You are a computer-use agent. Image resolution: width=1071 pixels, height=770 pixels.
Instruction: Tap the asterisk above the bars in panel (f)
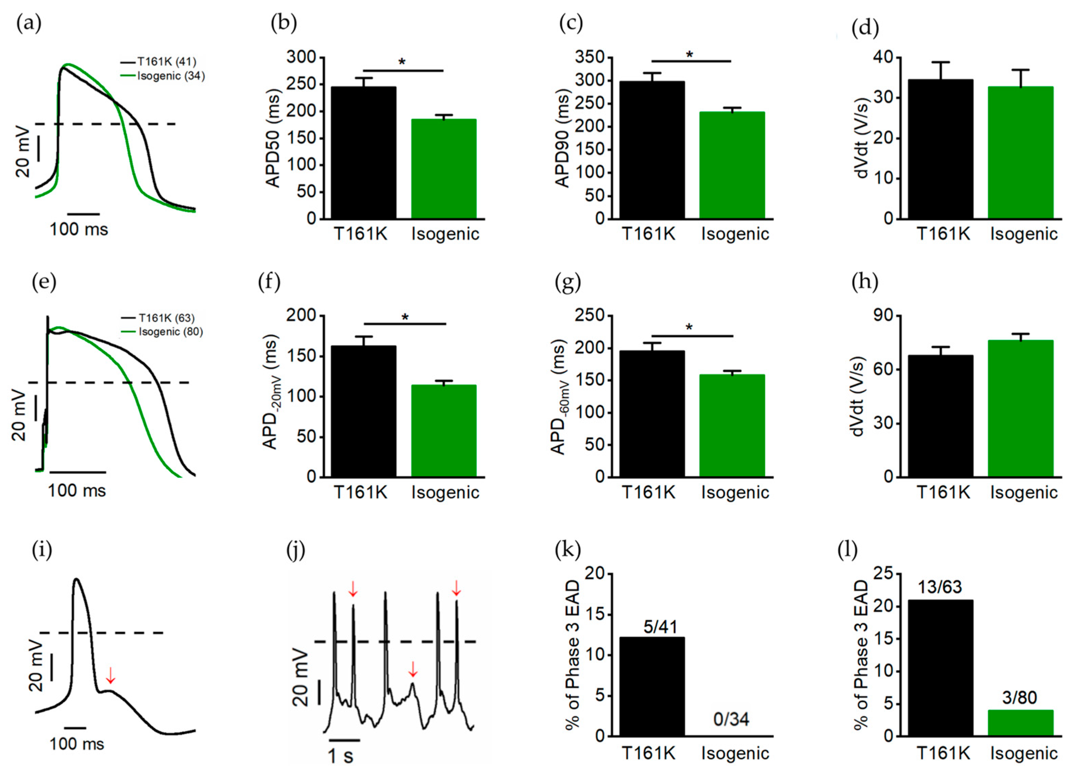coord(405,317)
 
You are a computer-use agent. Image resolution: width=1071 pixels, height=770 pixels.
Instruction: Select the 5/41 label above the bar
coord(660,627)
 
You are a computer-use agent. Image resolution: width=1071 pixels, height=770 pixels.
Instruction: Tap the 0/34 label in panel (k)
coord(731,719)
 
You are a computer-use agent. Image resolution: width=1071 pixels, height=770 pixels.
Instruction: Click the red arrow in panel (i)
coord(110,675)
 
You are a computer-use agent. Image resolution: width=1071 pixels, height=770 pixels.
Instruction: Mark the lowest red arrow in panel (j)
coord(413,668)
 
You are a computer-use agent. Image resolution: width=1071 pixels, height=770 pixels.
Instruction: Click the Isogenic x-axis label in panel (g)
coord(735,493)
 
